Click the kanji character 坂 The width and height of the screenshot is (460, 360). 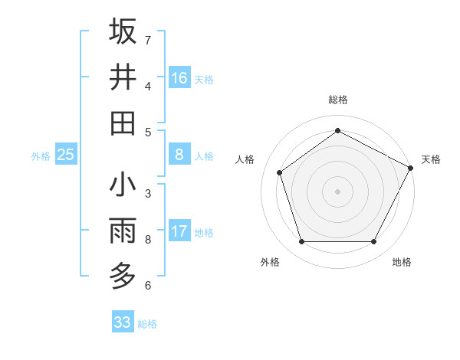click(x=123, y=31)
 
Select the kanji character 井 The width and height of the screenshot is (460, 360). click(x=123, y=77)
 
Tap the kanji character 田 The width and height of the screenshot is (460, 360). click(x=123, y=123)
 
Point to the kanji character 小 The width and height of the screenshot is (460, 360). click(x=123, y=185)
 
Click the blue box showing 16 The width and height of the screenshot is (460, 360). click(x=179, y=78)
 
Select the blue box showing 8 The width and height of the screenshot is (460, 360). click(x=179, y=155)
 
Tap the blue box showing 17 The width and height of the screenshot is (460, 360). click(x=179, y=231)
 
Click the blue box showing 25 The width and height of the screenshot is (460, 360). click(x=65, y=155)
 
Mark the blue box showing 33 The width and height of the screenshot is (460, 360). click(x=122, y=322)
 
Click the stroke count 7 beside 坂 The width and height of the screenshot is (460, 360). click(x=148, y=39)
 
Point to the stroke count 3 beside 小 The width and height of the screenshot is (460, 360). click(x=148, y=193)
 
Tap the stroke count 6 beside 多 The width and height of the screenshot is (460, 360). click(x=148, y=286)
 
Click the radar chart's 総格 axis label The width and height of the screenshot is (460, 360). click(x=337, y=100)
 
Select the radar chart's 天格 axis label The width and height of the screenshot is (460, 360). click(x=431, y=159)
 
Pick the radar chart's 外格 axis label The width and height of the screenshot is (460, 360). click(x=269, y=262)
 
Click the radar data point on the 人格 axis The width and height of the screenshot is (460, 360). click(x=280, y=172)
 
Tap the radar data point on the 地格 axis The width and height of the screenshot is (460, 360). click(x=374, y=242)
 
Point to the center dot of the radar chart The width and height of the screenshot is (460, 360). click(x=337, y=191)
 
